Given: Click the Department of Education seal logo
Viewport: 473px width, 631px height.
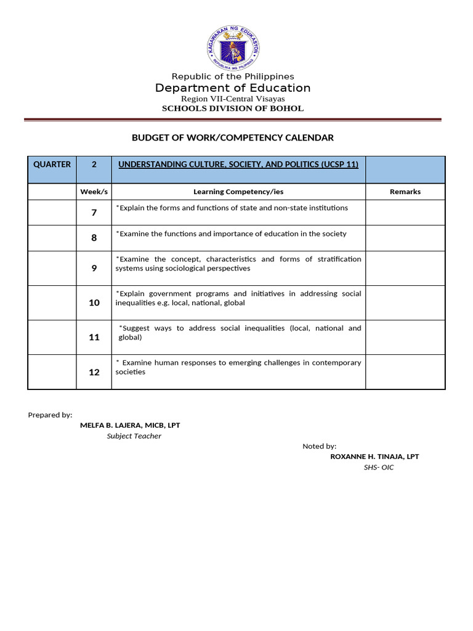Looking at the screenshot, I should pos(233,49).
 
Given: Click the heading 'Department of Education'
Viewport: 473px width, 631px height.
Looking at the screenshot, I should pos(233,88).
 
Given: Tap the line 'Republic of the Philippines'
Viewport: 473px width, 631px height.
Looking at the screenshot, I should pos(233,76).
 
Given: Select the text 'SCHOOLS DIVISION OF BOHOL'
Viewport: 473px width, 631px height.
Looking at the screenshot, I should pos(233,108).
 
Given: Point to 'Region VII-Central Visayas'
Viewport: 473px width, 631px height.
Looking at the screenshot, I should pos(233,99).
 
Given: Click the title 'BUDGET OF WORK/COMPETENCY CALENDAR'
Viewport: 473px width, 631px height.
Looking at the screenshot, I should pos(233,138).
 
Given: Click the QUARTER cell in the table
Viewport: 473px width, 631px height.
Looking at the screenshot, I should pos(52,165).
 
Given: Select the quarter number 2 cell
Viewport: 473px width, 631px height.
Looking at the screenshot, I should pos(94,165).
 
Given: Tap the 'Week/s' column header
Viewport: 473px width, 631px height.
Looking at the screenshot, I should pos(94,192).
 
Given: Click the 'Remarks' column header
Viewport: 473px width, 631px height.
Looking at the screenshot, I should pos(405,192).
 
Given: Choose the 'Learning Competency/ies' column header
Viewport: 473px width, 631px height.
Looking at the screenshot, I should pos(238,192).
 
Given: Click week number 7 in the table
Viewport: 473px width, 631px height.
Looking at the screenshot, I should pos(94,213).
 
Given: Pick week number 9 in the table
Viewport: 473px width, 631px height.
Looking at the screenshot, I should pos(94,269).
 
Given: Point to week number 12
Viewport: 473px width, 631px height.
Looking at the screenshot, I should pos(94,372).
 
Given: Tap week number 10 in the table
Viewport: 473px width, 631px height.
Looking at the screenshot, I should pos(94,303).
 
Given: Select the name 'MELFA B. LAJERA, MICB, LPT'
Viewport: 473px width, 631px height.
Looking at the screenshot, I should pos(130,425).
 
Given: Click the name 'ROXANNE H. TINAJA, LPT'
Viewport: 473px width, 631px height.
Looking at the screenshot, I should pos(374,457).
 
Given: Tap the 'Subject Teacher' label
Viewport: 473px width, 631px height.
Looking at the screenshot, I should pos(134,436).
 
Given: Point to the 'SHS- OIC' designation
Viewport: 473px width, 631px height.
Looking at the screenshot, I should pos(379,468).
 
